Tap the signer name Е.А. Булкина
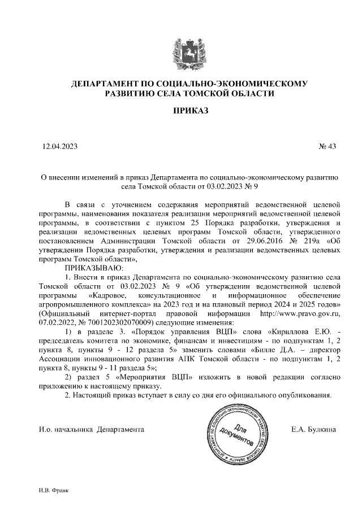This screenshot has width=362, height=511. click(313, 430)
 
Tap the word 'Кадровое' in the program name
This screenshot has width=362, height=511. click(110, 295)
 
